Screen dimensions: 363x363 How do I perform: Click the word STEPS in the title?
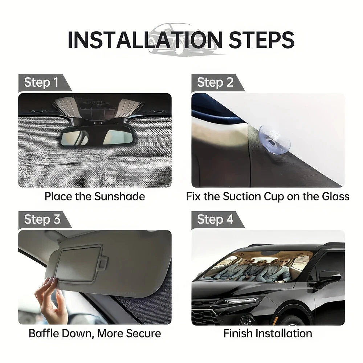tap(261, 40)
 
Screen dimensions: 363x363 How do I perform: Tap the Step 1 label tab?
tap(41, 82)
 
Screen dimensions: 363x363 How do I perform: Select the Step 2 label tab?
tap(215, 82)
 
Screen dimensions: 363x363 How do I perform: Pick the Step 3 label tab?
tap(41, 219)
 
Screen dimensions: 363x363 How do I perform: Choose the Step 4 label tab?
tap(215, 219)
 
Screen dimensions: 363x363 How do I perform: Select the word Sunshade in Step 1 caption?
tap(119, 196)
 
